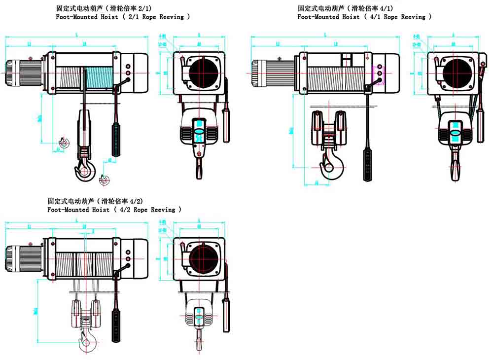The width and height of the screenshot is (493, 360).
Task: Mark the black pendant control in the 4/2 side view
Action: coord(116,325)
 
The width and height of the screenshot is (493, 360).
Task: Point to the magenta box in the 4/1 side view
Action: coord(380,73)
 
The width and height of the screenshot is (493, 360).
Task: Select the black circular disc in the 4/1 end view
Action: coord(456,72)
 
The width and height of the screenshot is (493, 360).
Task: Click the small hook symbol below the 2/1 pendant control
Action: coord(104,180)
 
